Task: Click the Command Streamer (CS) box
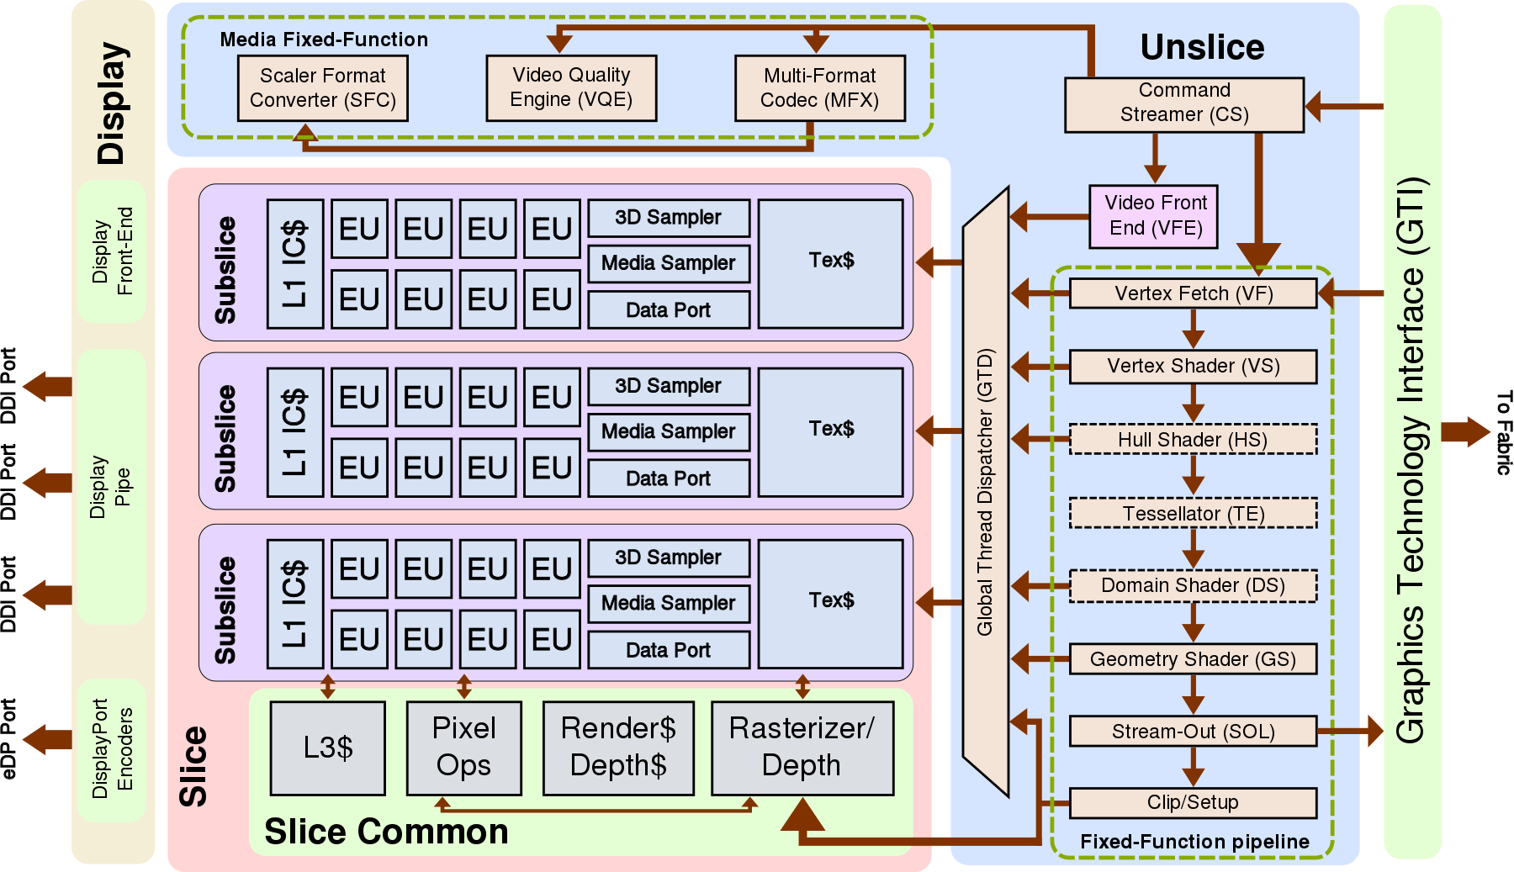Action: point(1183,104)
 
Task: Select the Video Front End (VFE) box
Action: point(1154,216)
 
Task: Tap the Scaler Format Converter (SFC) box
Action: point(323,88)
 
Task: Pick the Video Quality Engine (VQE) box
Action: point(571,88)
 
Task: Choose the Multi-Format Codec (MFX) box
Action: point(820,88)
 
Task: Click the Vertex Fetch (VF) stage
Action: point(1193,293)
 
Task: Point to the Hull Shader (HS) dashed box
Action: point(1193,439)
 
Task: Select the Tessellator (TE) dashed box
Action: point(1193,513)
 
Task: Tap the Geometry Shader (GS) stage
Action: point(1193,659)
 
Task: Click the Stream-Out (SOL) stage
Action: point(1193,731)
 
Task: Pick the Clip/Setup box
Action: point(1193,802)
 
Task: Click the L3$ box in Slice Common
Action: point(328,748)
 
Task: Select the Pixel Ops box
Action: point(463,748)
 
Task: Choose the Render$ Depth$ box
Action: point(618,748)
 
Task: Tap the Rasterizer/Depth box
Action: point(802,748)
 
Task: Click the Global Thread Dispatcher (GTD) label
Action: point(985,492)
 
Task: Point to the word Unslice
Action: point(1202,47)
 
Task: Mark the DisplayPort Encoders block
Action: point(112,749)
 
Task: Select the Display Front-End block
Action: point(112,251)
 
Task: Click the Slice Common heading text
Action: point(386,832)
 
